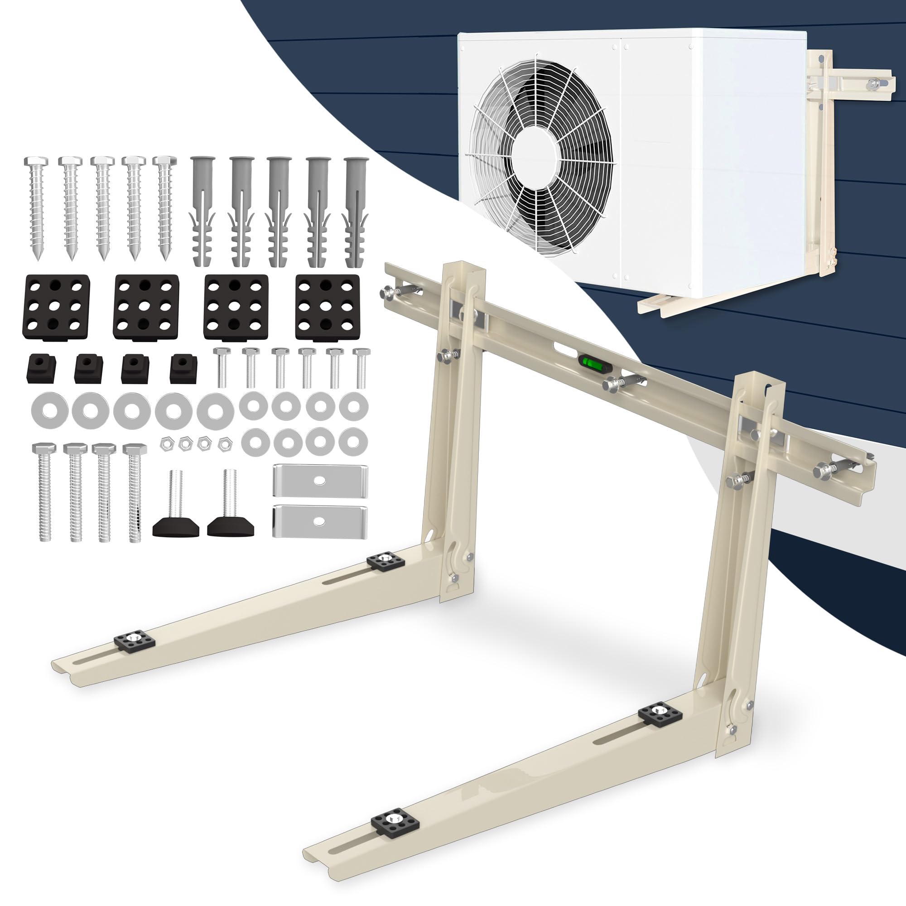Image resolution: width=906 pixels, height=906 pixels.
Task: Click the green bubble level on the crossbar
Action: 588,362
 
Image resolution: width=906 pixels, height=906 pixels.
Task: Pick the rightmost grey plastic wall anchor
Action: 356,211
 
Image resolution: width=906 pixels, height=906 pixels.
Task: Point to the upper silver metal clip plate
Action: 320,481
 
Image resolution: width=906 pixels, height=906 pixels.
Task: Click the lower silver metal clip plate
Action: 320,521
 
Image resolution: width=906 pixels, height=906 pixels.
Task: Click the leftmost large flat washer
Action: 49,410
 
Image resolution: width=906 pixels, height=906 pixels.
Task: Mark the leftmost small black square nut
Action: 41,369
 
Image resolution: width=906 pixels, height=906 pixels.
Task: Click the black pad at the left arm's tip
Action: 135,641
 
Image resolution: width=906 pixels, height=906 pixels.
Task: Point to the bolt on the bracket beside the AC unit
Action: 873,84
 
